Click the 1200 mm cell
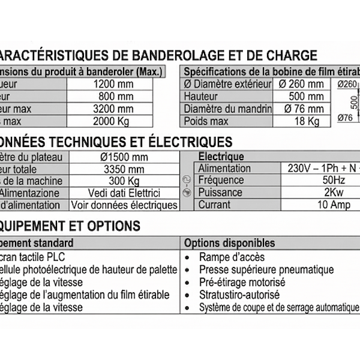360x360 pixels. coord(113,84)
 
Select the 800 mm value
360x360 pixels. coord(113,97)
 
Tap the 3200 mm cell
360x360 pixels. coord(113,109)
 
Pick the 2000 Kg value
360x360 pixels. coord(113,122)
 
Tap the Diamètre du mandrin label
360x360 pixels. coord(227,109)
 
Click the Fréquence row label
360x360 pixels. coord(221,180)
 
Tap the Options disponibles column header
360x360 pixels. coord(229,243)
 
